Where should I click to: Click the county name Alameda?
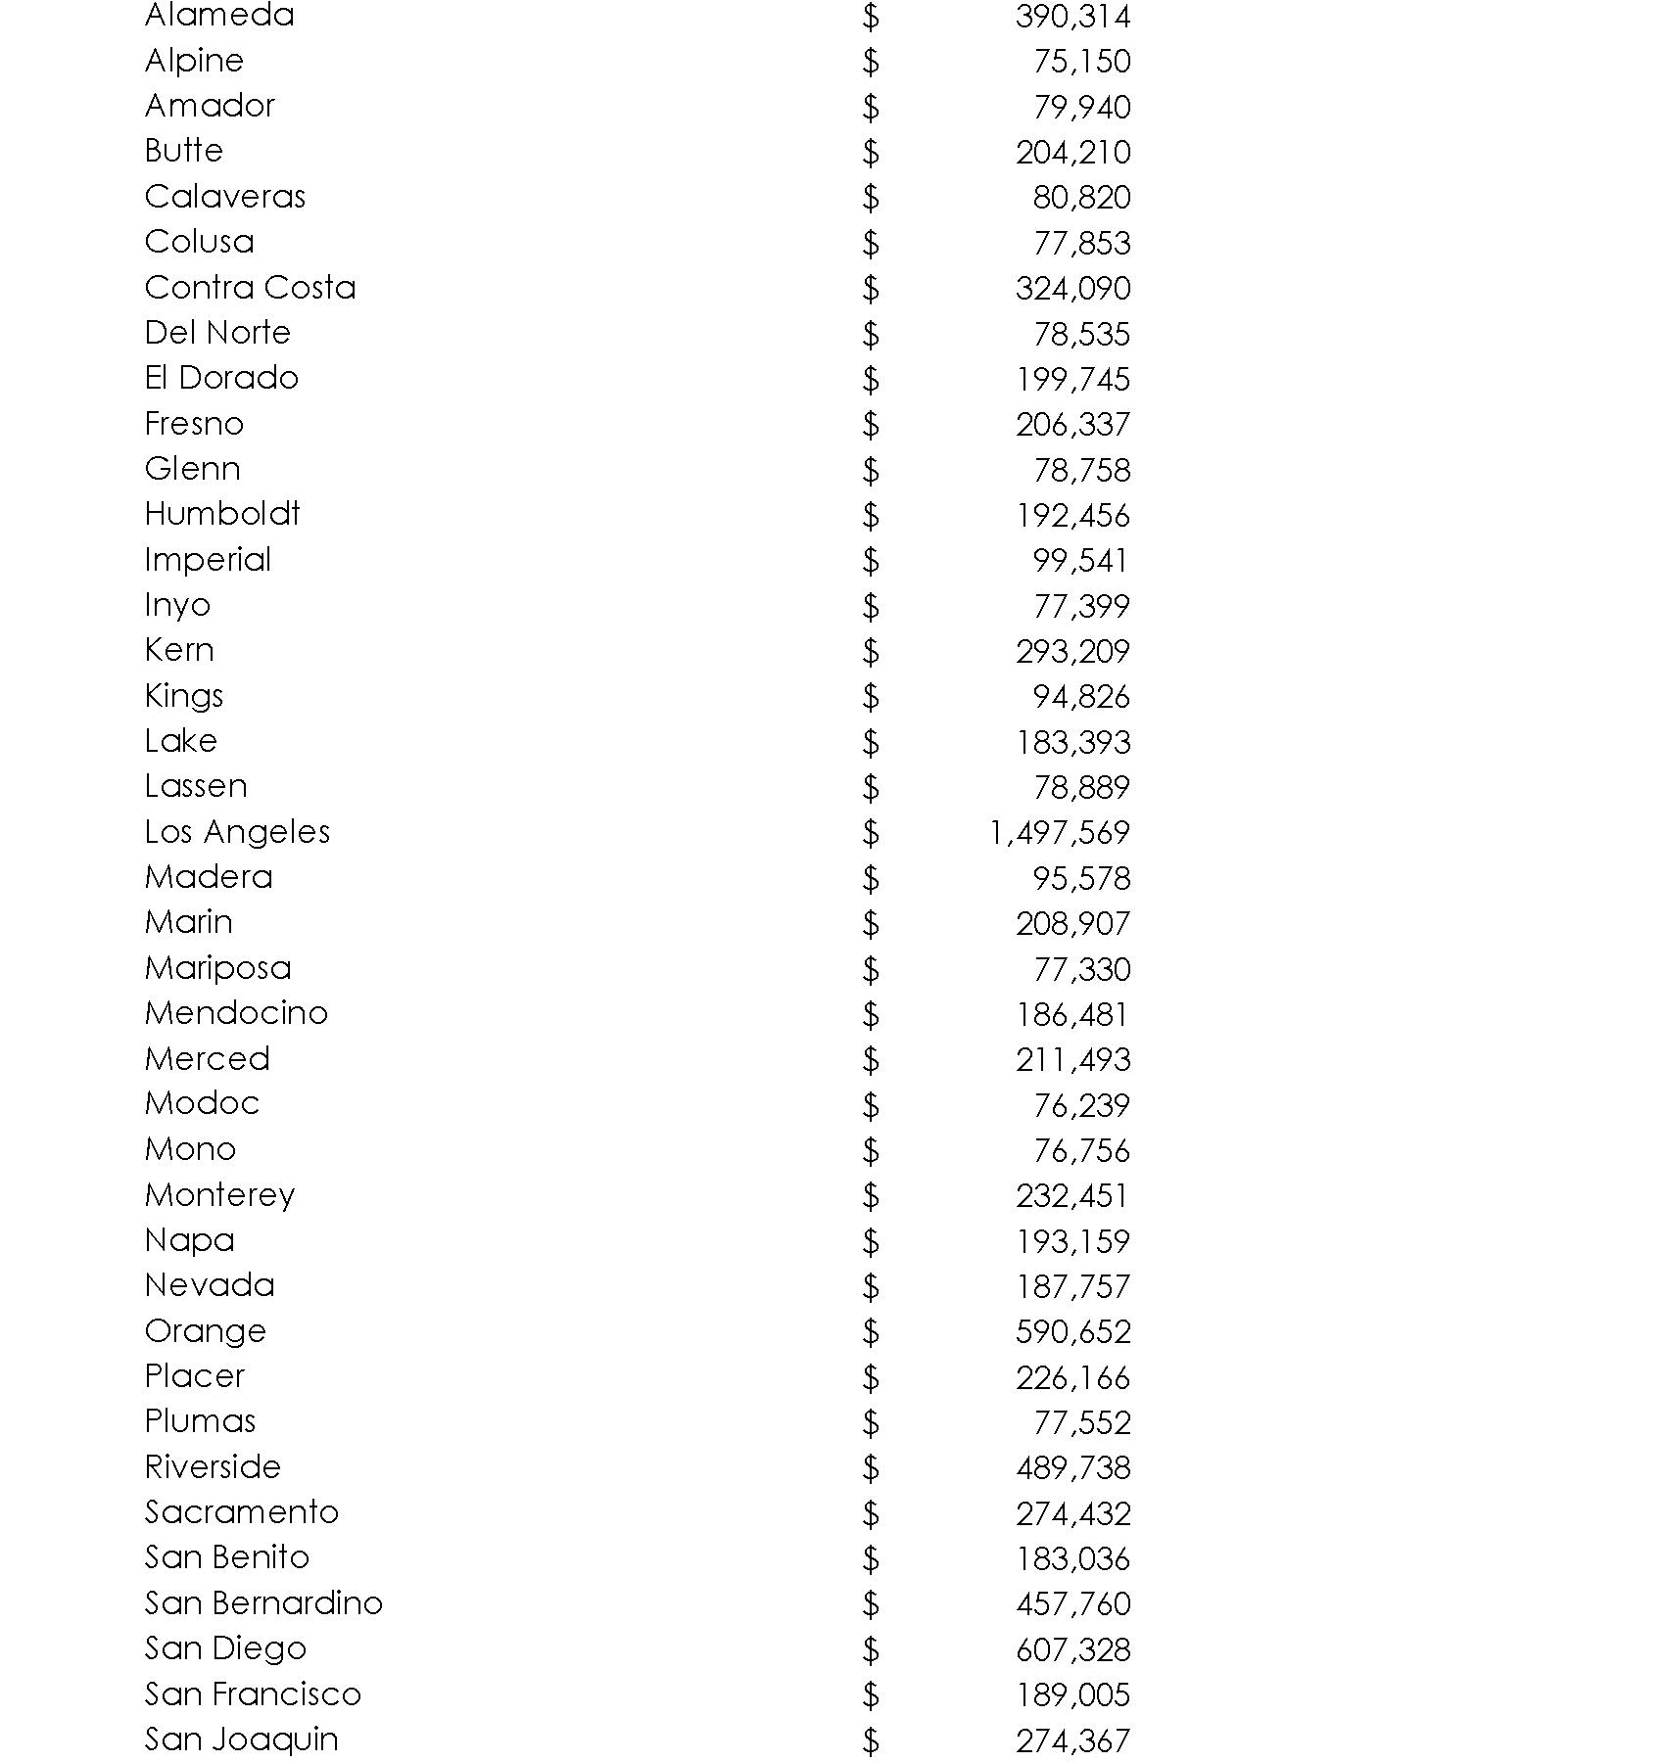(x=219, y=16)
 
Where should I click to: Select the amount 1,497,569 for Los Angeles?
(x=1059, y=833)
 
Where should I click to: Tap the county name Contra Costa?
(x=250, y=288)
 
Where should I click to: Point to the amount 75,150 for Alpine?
(x=1081, y=62)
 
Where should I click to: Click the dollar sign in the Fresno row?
(x=871, y=425)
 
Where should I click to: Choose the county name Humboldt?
(x=222, y=514)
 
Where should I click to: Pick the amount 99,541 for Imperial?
(x=1080, y=561)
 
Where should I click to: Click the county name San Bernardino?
(x=263, y=1603)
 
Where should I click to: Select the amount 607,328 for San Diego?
(x=1072, y=1649)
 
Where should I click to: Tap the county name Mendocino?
(x=236, y=1013)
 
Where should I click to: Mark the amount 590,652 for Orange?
(x=1072, y=1332)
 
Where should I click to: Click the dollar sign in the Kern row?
(x=871, y=652)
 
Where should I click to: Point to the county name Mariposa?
(x=217, y=968)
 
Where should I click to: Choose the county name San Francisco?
(x=253, y=1694)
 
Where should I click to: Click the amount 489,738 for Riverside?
(x=1072, y=1468)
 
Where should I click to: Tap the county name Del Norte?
(x=217, y=333)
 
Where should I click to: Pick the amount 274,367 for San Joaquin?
(x=1072, y=1740)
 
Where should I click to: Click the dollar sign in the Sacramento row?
(x=871, y=1514)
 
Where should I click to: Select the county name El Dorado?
(x=221, y=378)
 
